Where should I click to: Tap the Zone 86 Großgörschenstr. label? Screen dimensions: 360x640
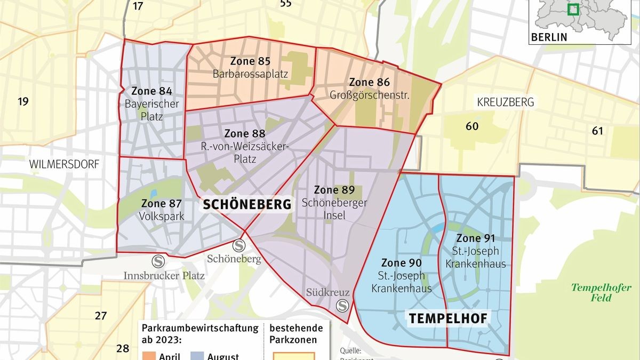[369, 89]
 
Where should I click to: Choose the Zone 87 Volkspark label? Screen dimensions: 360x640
[162, 210]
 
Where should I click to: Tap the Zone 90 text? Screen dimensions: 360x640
[402, 263]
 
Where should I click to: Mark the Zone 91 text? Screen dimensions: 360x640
[476, 238]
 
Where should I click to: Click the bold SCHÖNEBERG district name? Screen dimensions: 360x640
[246, 204]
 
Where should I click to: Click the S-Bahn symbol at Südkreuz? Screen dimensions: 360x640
[342, 306]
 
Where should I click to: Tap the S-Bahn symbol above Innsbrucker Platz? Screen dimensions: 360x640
[158, 261]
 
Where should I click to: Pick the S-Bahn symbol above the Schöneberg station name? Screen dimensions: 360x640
[238, 245]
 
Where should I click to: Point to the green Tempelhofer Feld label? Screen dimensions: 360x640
[601, 293]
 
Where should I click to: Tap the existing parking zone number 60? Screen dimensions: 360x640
[472, 126]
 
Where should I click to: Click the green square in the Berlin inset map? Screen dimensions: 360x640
[573, 10]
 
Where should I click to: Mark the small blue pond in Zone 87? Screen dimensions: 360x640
[154, 193]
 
